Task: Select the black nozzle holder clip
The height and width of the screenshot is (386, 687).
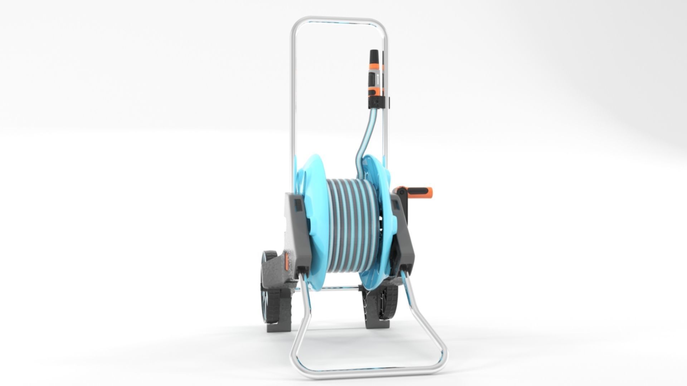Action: (x=378, y=102)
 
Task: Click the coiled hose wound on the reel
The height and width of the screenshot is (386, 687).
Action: (x=345, y=229)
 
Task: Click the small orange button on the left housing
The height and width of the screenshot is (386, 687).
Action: (x=286, y=264)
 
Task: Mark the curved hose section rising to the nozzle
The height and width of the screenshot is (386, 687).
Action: (x=365, y=139)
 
